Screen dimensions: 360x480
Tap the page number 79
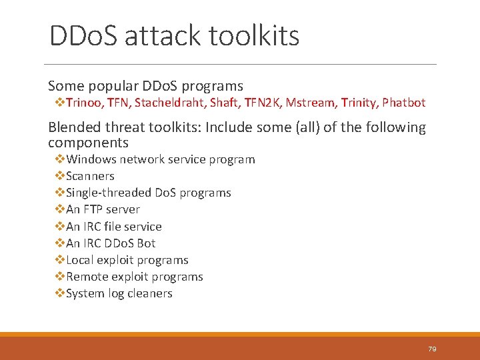point(432,349)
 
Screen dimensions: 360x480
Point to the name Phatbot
point(404,103)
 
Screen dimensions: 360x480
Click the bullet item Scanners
point(90,176)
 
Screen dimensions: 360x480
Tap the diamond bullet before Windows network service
point(59,159)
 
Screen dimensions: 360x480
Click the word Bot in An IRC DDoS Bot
point(146,243)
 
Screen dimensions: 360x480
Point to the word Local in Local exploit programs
point(80,260)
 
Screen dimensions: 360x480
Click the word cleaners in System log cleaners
point(150,293)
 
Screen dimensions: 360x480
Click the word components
point(88,143)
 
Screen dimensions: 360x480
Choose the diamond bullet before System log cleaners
point(59,293)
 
